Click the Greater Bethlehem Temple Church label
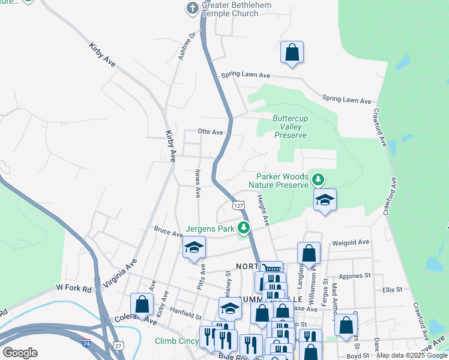(237, 10)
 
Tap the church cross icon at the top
(192, 8)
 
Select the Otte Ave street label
(211, 132)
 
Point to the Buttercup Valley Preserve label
(291, 127)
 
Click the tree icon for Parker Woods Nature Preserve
(318, 179)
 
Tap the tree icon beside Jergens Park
(244, 228)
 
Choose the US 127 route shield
(239, 206)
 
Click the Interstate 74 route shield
(87, 343)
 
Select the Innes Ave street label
(197, 183)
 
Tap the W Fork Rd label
(74, 289)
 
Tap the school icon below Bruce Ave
(194, 248)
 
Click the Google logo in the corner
(20, 353)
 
